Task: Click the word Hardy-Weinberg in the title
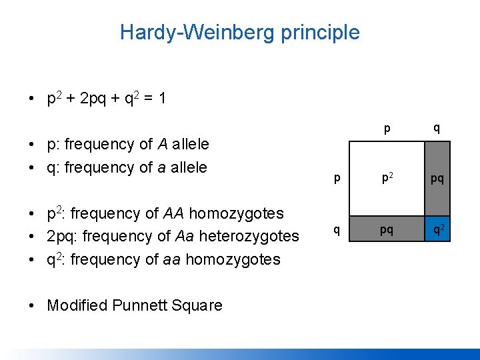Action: click(193, 32)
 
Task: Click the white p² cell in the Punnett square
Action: click(387, 179)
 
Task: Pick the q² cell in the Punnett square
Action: click(437, 230)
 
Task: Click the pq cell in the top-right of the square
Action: click(437, 179)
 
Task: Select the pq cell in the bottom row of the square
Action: click(387, 230)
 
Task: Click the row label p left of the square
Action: click(337, 179)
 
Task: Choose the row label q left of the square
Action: click(337, 230)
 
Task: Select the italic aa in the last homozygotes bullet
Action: click(172, 259)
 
